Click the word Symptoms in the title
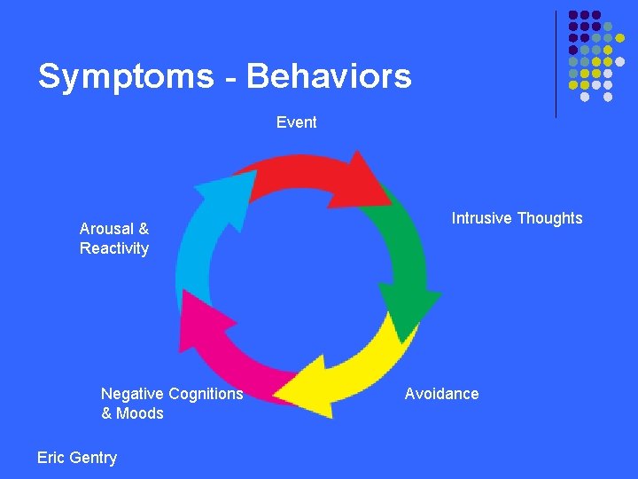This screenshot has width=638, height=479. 125,77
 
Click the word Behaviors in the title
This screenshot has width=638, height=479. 329,76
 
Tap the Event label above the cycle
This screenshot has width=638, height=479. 296,122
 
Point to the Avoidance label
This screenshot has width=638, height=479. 441,394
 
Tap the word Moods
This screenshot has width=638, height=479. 141,413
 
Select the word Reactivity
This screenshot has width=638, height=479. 114,248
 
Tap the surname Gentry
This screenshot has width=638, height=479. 93,458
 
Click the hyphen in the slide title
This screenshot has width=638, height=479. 230,79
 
